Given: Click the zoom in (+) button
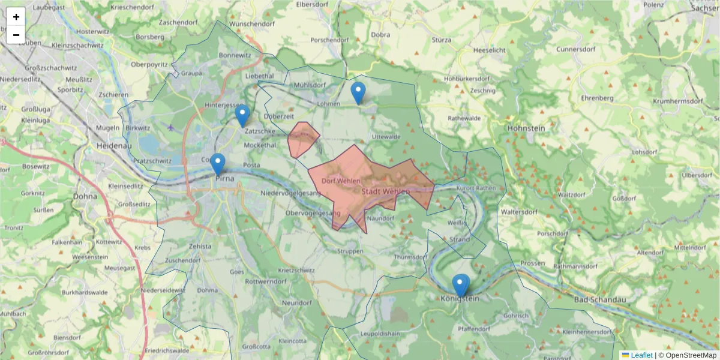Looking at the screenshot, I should (16, 17).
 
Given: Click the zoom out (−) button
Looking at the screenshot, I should (16, 35).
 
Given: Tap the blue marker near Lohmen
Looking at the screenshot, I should (358, 94).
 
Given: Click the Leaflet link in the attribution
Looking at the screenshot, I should (641, 355).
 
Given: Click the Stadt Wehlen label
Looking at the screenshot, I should (386, 191).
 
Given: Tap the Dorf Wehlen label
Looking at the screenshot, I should (340, 181).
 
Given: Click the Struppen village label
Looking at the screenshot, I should (350, 251).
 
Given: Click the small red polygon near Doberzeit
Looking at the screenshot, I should (302, 139).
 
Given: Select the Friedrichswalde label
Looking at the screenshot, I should (167, 350).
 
